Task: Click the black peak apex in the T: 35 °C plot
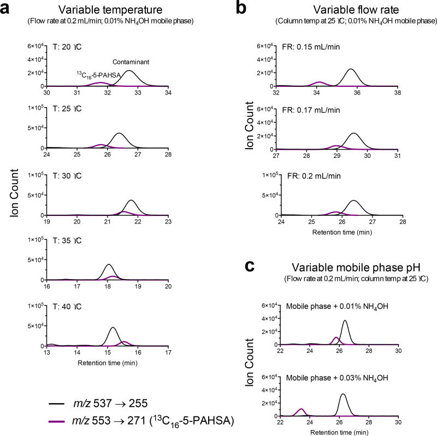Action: point(109,265)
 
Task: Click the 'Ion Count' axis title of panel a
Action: point(19,193)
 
